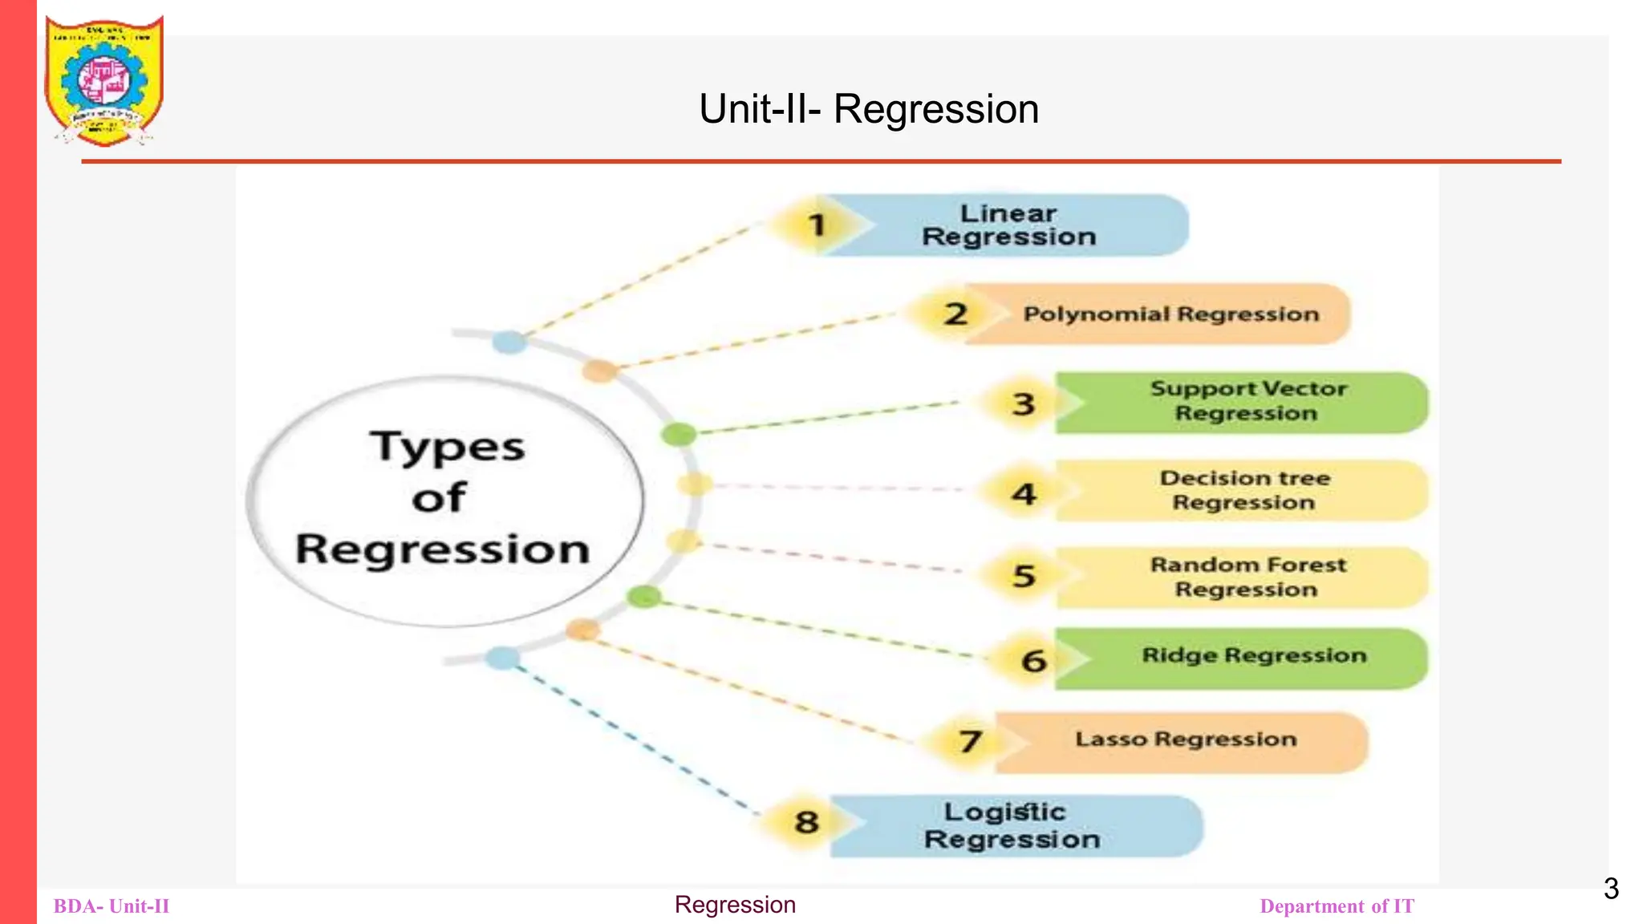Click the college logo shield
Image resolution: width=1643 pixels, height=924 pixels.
coord(104,80)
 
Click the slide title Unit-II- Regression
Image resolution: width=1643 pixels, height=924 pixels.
coord(869,109)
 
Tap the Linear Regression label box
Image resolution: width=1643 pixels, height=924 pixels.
coord(1009,225)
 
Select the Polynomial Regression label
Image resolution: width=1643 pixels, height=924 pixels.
coord(1170,314)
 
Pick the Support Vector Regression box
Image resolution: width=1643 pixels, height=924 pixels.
coord(1247,402)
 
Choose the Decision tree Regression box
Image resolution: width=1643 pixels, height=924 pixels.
coord(1244,490)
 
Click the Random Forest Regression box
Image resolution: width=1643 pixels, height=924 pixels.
coord(1247,577)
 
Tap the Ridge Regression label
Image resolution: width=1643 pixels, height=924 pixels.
coord(1253,656)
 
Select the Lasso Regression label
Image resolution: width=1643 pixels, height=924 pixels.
coord(1185,740)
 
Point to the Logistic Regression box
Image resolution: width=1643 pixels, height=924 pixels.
coord(1011,826)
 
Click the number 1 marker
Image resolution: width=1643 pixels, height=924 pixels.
coord(817,225)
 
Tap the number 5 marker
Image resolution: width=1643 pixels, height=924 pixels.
coord(1024,576)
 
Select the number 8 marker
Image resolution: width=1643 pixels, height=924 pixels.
coord(806,822)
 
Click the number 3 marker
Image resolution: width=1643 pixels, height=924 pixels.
coord(1023,403)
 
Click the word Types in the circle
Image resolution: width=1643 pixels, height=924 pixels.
coord(447,448)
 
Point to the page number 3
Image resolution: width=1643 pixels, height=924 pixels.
coord(1611,889)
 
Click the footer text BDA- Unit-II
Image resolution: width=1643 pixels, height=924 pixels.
coord(112,906)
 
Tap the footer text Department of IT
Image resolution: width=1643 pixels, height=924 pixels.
coord(1337,906)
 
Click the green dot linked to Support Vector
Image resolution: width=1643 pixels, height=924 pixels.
coord(679,435)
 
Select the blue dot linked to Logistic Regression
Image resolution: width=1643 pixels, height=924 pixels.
coord(502,659)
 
